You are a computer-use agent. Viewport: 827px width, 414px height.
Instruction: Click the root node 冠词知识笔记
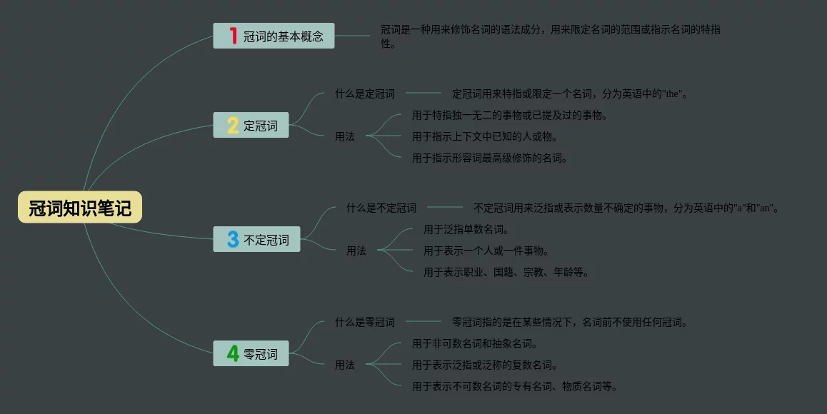click(x=80, y=208)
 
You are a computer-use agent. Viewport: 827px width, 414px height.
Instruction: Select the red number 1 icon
click(x=233, y=36)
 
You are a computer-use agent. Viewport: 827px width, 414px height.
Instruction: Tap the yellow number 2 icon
click(x=233, y=126)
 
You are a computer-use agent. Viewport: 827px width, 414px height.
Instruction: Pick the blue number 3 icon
click(x=233, y=240)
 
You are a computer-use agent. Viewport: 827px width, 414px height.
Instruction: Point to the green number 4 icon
click(x=233, y=353)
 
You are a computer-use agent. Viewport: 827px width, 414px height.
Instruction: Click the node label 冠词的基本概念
click(x=284, y=36)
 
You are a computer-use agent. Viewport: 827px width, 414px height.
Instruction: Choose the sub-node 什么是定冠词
click(x=364, y=94)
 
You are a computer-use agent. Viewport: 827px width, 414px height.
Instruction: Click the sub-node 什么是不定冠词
click(x=381, y=208)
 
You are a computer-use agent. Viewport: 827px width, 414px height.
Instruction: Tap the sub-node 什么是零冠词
click(x=364, y=322)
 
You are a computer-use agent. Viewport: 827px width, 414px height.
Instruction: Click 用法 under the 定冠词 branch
click(x=344, y=136)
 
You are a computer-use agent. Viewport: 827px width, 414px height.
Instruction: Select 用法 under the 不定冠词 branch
click(x=356, y=251)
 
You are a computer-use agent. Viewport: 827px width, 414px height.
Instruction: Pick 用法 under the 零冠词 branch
click(x=344, y=365)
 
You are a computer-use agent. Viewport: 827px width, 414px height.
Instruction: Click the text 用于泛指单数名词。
click(x=466, y=229)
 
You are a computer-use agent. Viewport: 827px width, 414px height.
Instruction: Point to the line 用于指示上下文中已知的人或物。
click(x=485, y=136)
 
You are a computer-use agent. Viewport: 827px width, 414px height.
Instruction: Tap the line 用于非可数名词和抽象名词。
click(x=475, y=343)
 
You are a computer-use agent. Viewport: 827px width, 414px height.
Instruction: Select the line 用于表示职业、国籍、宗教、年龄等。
click(x=506, y=272)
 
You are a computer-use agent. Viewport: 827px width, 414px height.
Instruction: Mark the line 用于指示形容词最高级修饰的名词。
click(x=490, y=158)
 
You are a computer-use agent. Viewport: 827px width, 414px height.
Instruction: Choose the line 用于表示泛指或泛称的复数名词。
click(x=485, y=365)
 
